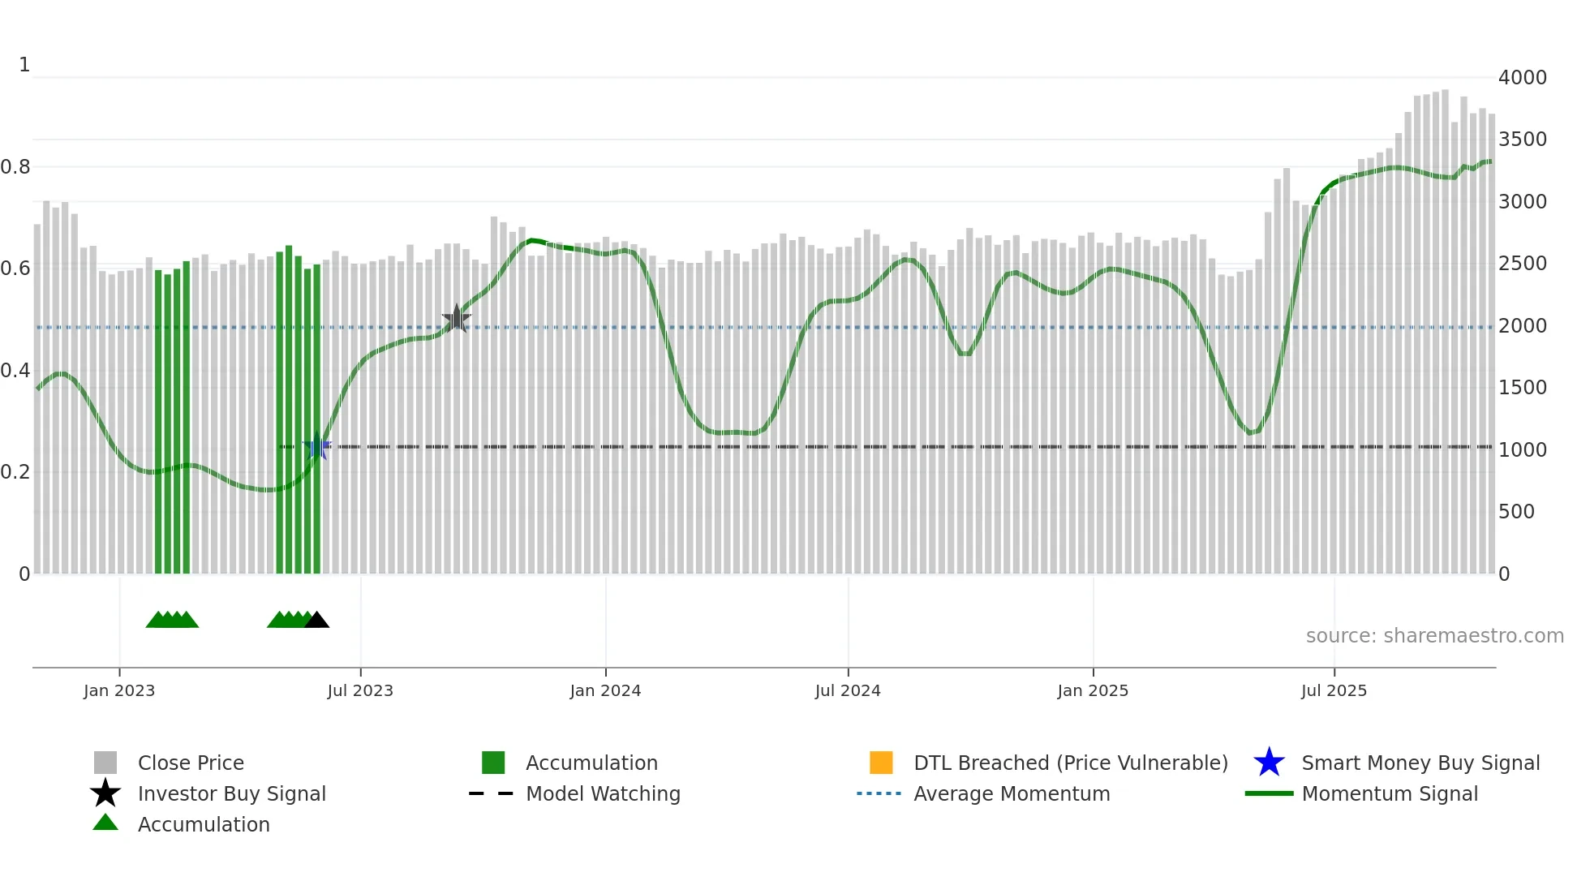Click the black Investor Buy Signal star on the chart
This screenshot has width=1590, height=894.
click(x=457, y=319)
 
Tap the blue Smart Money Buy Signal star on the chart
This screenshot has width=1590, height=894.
click(x=317, y=447)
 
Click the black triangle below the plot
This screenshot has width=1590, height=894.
click(x=316, y=620)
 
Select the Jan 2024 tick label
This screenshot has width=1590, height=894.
click(x=605, y=690)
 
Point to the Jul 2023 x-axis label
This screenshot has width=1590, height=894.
click(x=360, y=690)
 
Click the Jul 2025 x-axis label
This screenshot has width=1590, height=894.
click(x=1334, y=690)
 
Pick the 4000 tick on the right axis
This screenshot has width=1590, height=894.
click(x=1522, y=78)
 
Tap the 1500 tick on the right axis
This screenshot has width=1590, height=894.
click(x=1522, y=388)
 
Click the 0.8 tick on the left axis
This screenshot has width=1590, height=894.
click(x=15, y=167)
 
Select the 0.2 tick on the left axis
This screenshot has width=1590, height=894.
click(x=15, y=472)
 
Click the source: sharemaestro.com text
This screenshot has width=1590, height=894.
click(x=1434, y=636)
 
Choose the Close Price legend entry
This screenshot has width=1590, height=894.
click(x=191, y=763)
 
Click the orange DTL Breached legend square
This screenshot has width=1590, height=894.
click(x=881, y=763)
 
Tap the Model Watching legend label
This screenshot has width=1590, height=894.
click(x=603, y=793)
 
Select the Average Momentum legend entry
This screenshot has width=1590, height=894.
click(x=1011, y=793)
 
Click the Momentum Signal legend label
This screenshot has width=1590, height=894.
click(x=1389, y=793)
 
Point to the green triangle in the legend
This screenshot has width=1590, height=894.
click(x=105, y=823)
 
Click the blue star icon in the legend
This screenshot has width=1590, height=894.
click(x=1269, y=763)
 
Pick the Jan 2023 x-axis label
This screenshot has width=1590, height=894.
click(x=119, y=690)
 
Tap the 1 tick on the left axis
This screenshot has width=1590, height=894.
click(x=24, y=65)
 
